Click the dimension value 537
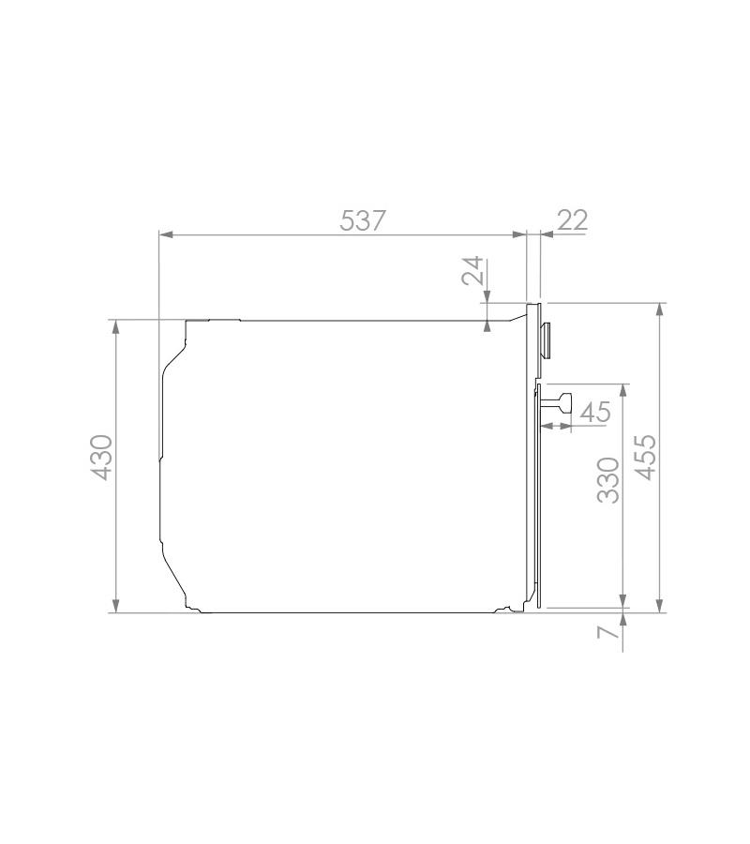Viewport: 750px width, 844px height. click(x=363, y=220)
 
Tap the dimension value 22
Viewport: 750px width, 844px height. click(x=573, y=220)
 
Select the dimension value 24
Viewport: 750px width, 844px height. click(x=472, y=271)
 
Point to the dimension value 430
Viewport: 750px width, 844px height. click(x=101, y=458)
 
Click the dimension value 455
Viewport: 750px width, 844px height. click(x=646, y=458)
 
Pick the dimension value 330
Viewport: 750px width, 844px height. click(x=608, y=480)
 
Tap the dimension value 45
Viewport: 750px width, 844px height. click(x=595, y=413)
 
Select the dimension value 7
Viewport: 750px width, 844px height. click(x=607, y=632)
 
